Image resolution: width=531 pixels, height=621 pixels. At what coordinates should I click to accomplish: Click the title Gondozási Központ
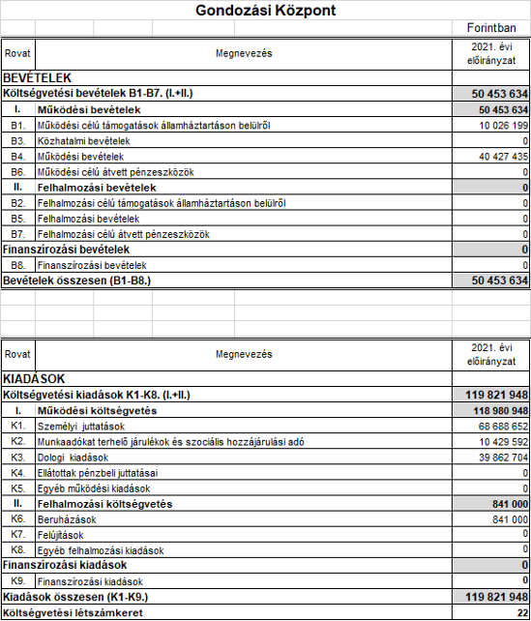coord(266,12)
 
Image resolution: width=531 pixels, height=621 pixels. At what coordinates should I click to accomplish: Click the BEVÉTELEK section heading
coord(38,76)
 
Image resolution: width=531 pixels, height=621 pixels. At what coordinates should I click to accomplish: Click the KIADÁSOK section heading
coord(35,379)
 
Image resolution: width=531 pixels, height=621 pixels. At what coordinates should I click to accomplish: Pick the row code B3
coord(17,141)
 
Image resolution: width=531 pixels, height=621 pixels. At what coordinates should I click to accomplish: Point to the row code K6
coord(17,518)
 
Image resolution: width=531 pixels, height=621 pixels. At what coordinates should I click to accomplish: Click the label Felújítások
coord(60,534)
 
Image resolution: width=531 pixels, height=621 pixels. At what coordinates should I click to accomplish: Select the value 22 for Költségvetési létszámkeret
coord(520,612)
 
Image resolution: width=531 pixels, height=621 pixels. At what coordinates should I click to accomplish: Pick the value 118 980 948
coord(493,410)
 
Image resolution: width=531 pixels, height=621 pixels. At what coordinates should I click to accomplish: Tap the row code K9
coord(17,581)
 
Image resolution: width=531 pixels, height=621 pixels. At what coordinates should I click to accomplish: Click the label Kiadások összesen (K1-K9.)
coord(77,597)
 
